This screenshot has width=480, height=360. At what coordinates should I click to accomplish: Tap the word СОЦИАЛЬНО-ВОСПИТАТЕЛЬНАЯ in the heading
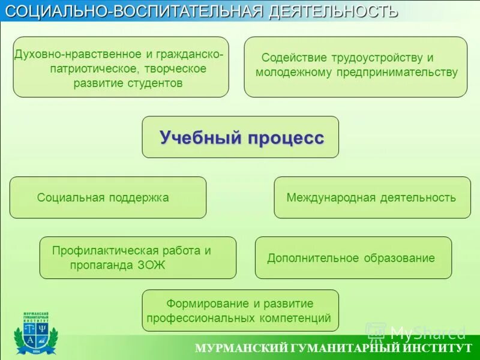pyautogui.click(x=134, y=11)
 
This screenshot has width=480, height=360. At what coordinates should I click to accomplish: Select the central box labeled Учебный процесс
pyautogui.click(x=241, y=137)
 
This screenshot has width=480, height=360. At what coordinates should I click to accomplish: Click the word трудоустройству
pyautogui.click(x=376, y=58)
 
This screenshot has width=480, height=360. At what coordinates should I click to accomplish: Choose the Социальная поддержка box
pyautogui.click(x=108, y=197)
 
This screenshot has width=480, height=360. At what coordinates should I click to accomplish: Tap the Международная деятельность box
pyautogui.click(x=372, y=197)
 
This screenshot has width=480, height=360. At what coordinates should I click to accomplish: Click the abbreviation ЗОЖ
pyautogui.click(x=151, y=265)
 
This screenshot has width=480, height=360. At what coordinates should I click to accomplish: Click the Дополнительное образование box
pyautogui.click(x=353, y=258)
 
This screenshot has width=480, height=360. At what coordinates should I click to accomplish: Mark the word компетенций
pyautogui.click(x=295, y=318)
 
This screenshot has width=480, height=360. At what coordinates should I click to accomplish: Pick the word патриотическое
pyautogui.click(x=88, y=69)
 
